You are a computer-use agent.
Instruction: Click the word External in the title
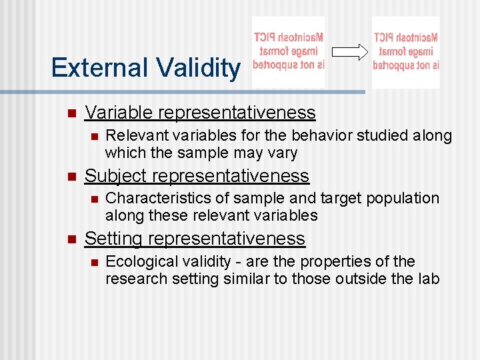coord(100,68)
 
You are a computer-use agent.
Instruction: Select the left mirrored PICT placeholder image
coord(289,51)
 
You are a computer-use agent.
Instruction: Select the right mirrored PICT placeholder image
coord(406,51)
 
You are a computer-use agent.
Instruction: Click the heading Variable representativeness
coord(200,113)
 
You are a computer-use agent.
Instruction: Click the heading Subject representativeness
coord(197,176)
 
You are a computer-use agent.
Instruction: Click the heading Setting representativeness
coord(195,239)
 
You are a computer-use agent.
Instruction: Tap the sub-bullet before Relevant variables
coord(94,137)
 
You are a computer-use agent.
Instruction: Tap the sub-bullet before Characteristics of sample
coord(94,199)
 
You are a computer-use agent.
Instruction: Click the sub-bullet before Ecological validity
coord(94,262)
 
